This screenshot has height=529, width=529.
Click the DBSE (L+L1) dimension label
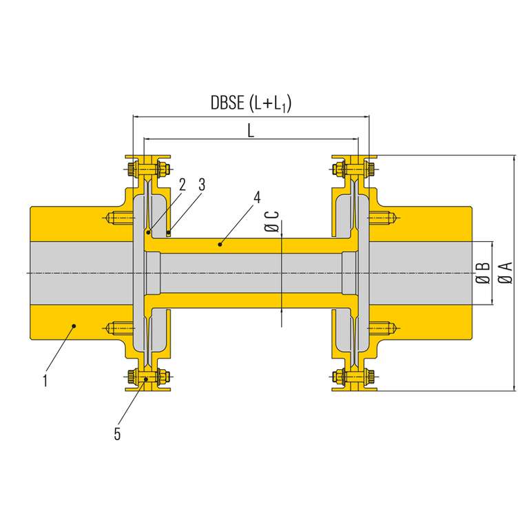coord(251,104)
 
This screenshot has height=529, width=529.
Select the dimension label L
coord(251,130)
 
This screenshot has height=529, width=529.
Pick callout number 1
coord(45,380)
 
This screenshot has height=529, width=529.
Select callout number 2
coord(182,184)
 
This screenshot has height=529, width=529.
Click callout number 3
coord(201,184)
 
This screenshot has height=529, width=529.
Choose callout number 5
coord(118,433)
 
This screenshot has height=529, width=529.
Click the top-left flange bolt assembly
coord(148,169)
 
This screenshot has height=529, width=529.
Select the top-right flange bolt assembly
coord(354,169)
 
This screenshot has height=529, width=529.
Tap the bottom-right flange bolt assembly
coord(354,377)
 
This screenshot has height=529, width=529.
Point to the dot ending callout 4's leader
coord(220,243)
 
